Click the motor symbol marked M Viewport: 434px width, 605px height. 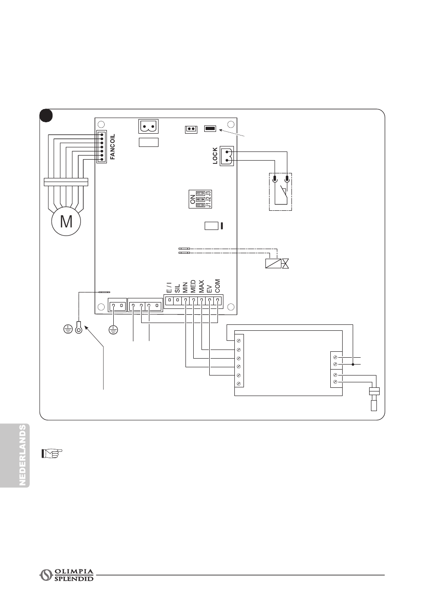[x=66, y=221]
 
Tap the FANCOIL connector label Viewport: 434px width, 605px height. [x=113, y=146]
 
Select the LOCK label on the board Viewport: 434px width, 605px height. [x=215, y=156]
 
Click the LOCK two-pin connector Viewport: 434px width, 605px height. [x=227, y=156]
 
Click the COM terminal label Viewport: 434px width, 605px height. [x=217, y=286]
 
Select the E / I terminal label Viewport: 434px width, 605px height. [x=169, y=287]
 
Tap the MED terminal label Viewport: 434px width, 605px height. [x=193, y=286]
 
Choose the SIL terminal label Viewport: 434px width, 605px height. [x=177, y=287]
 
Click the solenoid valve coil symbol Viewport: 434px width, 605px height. [x=273, y=263]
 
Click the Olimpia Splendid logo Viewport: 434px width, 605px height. [x=67, y=575]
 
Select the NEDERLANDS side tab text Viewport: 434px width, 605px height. [x=23, y=455]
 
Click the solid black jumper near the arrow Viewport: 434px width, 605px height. [x=210, y=129]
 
